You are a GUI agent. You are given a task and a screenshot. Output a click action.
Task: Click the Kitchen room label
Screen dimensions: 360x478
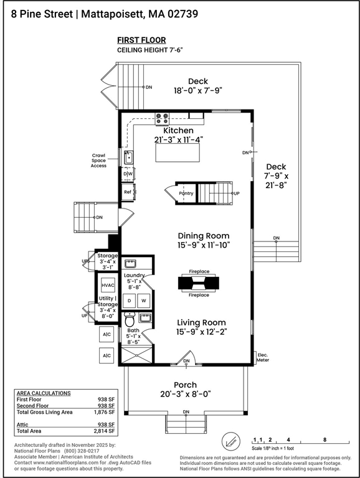click(178, 131)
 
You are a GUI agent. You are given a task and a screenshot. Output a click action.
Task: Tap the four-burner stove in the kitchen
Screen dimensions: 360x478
click(162, 119)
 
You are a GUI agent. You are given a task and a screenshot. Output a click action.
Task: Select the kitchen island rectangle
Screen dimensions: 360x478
click(178, 152)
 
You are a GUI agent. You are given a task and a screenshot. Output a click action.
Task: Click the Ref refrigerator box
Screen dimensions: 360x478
click(128, 192)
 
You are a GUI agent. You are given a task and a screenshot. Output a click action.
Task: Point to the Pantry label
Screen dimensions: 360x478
click(186, 194)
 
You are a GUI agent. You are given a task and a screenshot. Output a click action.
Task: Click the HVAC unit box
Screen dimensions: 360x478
click(108, 285)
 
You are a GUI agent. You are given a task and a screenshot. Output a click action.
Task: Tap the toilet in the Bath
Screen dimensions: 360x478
click(130, 320)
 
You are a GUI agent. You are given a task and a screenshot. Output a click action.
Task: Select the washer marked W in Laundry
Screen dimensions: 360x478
click(144, 301)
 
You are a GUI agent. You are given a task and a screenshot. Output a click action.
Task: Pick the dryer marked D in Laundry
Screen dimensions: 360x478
click(130, 301)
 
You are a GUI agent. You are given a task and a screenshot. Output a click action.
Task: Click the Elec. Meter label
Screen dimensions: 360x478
click(263, 357)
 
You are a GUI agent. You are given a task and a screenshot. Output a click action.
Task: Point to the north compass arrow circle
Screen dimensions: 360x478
click(230, 441)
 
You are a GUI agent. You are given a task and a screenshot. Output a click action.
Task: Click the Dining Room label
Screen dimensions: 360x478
click(204, 236)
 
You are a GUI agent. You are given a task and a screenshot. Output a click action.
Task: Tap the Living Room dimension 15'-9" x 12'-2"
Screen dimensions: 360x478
click(201, 332)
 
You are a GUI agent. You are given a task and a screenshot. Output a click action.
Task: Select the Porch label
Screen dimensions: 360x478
click(185, 385)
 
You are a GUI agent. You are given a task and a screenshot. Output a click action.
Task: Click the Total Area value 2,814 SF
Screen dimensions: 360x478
click(105, 431)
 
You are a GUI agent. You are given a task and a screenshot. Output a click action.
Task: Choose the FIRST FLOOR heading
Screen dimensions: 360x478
click(141, 40)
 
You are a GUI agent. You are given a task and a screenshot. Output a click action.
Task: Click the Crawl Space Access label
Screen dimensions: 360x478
click(98, 161)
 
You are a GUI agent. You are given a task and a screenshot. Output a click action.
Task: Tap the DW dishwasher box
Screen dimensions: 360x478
click(128, 174)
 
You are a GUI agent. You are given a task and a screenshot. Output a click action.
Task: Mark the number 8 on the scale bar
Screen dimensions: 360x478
click(325, 439)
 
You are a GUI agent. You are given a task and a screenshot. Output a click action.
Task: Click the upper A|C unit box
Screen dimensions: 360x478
click(107, 334)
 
